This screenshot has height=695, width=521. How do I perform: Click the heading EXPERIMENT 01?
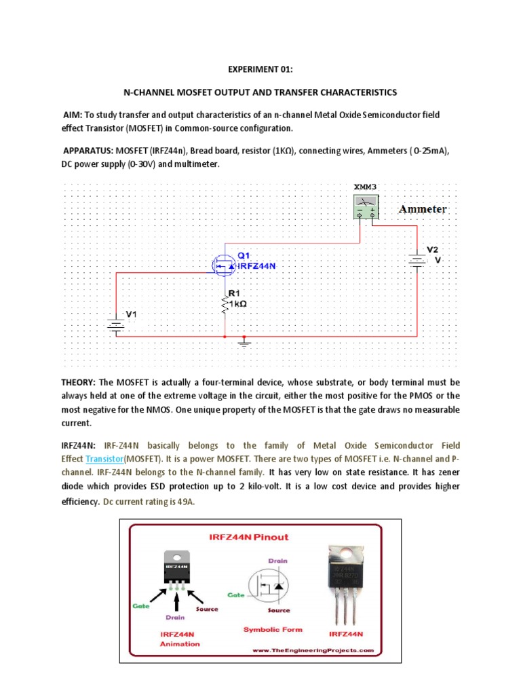pyautogui.click(x=260, y=69)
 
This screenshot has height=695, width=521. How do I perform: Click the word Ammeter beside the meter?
pyautogui.click(x=423, y=209)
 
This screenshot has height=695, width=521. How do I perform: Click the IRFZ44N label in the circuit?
pyautogui.click(x=257, y=266)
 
